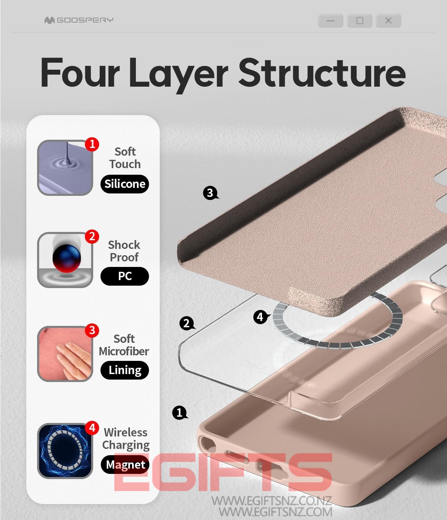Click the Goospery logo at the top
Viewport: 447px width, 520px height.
pyautogui.click(x=79, y=20)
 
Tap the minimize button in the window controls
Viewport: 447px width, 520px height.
pyautogui.click(x=330, y=21)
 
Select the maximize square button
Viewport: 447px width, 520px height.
pyautogui.click(x=360, y=21)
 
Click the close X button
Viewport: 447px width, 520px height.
pyautogui.click(x=388, y=21)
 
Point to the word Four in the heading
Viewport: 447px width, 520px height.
pyautogui.click(x=80, y=72)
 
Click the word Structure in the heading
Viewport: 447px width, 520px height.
pyautogui.click(x=322, y=72)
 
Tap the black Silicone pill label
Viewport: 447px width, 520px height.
pyautogui.click(x=125, y=184)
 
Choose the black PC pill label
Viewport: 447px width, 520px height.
pyautogui.click(x=125, y=276)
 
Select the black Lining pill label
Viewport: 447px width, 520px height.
pyautogui.click(x=125, y=370)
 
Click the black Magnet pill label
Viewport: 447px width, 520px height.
pyautogui.click(x=125, y=465)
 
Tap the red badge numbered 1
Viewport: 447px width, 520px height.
pyautogui.click(x=92, y=144)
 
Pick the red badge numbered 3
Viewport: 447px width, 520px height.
pyautogui.click(x=92, y=330)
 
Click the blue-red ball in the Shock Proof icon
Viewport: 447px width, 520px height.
pyautogui.click(x=67, y=258)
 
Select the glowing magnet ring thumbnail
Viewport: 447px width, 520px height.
pyautogui.click(x=65, y=451)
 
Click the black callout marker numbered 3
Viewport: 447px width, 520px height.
pyautogui.click(x=210, y=193)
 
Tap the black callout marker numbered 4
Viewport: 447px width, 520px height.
pyautogui.click(x=261, y=317)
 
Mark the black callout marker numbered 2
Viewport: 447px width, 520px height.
pyautogui.click(x=187, y=323)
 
